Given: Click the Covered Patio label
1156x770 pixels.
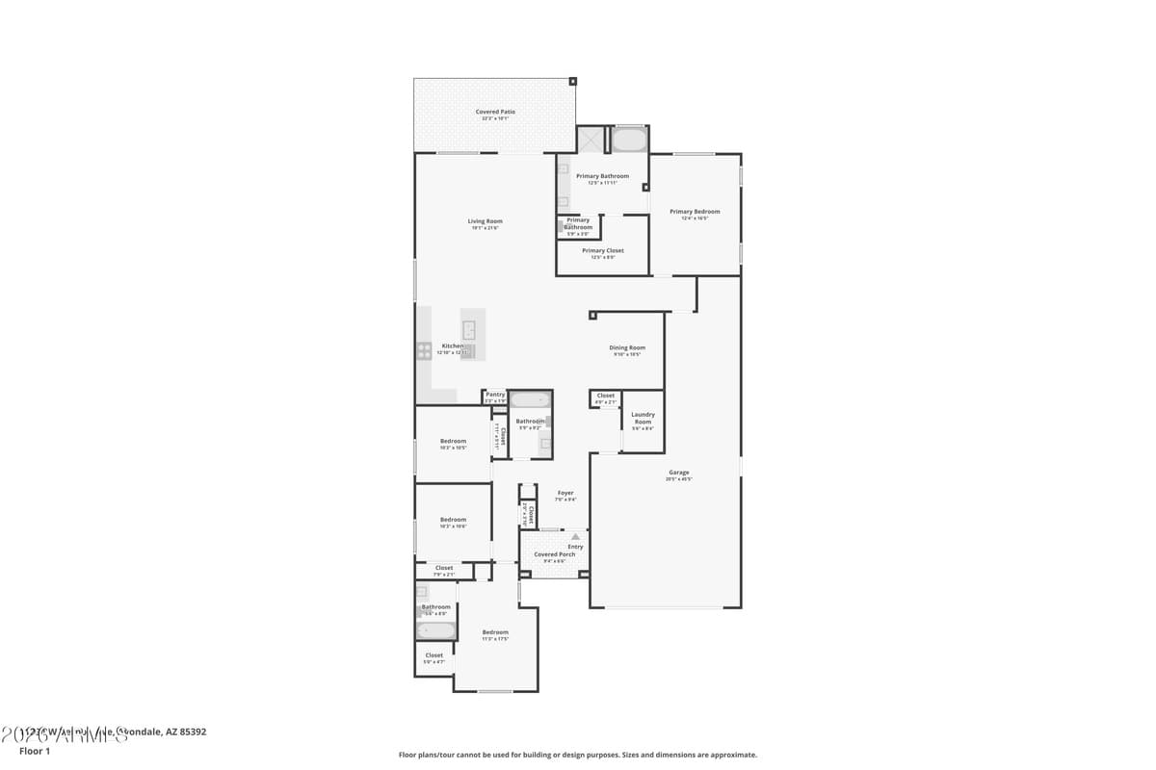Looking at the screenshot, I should pos(495,112).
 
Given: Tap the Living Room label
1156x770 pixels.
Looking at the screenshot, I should pos(486,221).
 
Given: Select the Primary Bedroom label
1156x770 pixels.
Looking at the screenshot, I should pos(695,212).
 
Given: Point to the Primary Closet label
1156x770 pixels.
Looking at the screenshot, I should pos(603,250).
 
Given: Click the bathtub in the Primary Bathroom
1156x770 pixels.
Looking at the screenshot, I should pos(629,141).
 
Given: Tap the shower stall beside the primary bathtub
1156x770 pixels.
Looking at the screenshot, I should pos(590,141).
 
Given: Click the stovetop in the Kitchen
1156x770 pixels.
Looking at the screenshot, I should pos(424,351).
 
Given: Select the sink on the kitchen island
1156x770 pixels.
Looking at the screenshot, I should pos(470,330).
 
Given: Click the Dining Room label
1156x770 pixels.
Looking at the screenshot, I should pos(627,347).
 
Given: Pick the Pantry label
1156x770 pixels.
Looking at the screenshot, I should pos(495,395).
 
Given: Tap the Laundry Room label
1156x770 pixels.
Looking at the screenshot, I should pos(643,418).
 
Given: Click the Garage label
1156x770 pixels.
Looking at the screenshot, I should pos(679,473).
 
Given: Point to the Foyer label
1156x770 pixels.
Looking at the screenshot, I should pos(565,494).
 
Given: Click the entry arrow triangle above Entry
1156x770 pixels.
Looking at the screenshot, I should pos(576,536).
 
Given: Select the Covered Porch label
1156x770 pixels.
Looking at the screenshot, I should pos(555,554).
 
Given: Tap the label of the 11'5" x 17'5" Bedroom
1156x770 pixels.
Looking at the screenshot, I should pos(495,632).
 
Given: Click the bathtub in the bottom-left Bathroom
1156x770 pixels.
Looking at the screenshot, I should pos(435,631).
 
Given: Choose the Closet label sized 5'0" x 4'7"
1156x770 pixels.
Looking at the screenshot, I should pos(434,655).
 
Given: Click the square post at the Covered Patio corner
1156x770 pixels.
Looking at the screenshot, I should pos(572,82).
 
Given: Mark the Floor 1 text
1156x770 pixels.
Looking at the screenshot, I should pos(35,751).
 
